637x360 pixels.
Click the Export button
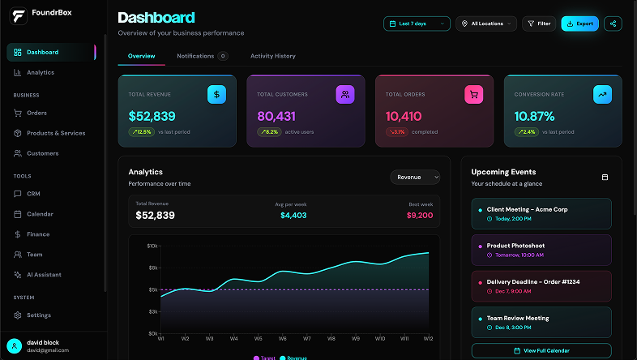tap(579, 24)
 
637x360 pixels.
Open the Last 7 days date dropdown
tap(417, 24)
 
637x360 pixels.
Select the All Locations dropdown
tap(486, 24)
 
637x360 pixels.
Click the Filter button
tap(539, 24)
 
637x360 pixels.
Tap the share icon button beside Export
tap(613, 24)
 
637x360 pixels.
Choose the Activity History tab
tap(272, 56)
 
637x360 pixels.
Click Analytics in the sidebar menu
tap(40, 72)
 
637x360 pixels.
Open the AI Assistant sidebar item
tap(44, 275)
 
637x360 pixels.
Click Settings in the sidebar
tap(38, 315)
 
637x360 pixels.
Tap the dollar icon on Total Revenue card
tap(216, 95)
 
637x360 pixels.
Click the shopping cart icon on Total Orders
tap(473, 95)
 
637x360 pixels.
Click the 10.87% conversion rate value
tap(534, 116)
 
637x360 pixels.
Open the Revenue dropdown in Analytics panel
tap(415, 177)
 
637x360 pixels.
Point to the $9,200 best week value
tap(419, 216)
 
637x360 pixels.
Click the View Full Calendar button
tap(541, 350)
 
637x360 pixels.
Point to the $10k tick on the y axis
tap(152, 246)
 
